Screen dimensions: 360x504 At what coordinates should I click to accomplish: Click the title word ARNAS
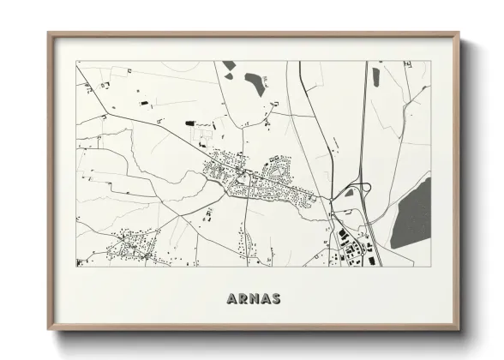click(x=254, y=299)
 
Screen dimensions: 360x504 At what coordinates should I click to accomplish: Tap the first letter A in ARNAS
click(x=232, y=299)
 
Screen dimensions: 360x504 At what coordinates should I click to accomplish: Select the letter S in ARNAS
click(x=276, y=299)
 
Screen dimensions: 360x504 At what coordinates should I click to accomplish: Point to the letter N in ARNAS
click(x=254, y=299)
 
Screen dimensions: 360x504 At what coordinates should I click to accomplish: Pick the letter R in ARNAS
click(x=243, y=299)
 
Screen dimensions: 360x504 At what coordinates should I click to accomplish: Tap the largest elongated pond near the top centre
click(x=255, y=83)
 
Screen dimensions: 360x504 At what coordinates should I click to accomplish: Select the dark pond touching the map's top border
click(x=230, y=65)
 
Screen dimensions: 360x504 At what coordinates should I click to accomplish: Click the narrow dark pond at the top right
click(x=375, y=75)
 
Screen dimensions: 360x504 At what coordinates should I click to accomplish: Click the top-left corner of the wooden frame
click(x=49, y=34)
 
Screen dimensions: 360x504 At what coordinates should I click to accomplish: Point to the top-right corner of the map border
click(x=430, y=61)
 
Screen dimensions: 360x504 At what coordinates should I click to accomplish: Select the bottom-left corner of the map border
click(x=76, y=266)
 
